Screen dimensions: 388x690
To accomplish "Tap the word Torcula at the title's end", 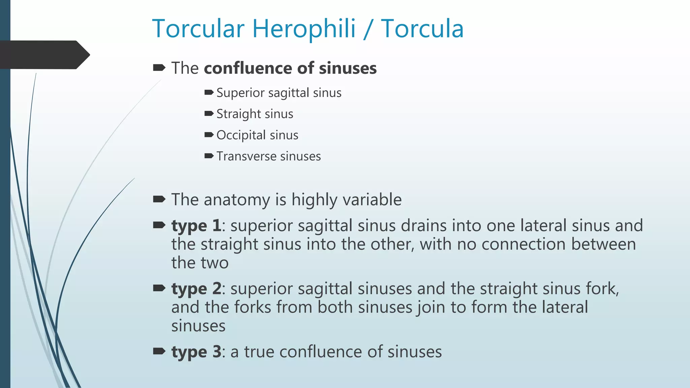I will pos(422,29).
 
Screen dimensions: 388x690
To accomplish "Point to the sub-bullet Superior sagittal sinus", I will pos(279,93).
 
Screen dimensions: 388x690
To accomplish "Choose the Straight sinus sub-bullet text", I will pos(255,114).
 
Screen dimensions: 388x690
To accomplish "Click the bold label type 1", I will pos(196,226).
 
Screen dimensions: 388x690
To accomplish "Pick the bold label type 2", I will pos(196,289).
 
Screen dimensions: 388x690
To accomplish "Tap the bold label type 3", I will pos(196,352).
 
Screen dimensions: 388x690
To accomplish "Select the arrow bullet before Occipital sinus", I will pos(209,135).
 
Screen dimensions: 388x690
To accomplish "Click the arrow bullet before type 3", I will pos(159,352).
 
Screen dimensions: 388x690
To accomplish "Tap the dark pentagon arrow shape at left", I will pos(44,55).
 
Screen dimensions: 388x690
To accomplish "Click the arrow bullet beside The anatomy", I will pos(159,199).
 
